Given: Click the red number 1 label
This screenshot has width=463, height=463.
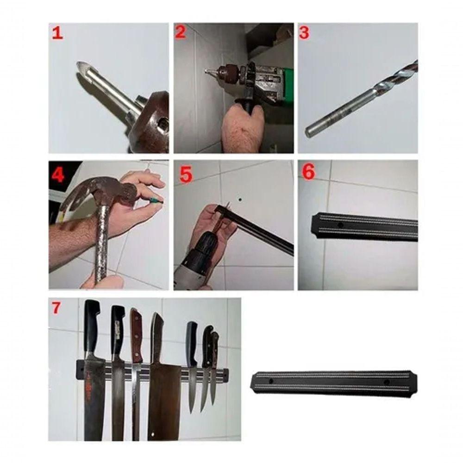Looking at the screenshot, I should (x=57, y=33).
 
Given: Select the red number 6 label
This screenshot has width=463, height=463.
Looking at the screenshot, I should (x=308, y=171).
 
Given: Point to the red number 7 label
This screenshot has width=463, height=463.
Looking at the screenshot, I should (x=56, y=308).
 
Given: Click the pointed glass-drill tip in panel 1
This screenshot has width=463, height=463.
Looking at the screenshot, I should (x=82, y=69).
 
